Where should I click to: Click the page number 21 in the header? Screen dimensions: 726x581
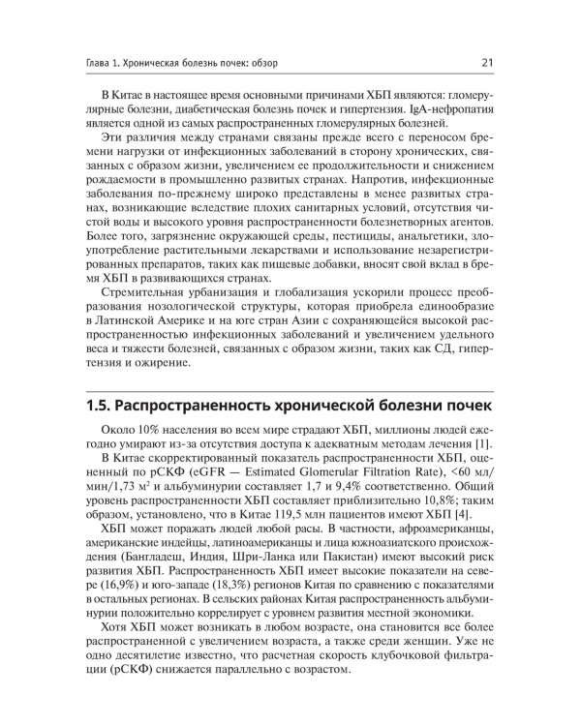[488, 65]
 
